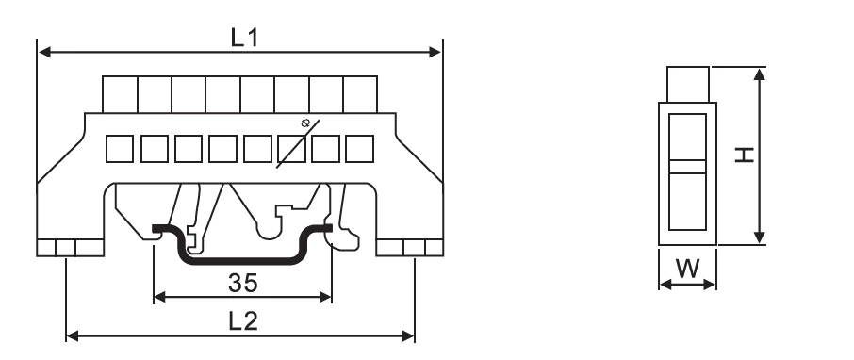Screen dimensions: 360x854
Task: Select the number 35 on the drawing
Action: pyautogui.click(x=242, y=280)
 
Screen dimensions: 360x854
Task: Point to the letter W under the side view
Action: pyautogui.click(x=686, y=268)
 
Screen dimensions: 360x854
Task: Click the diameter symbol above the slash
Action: pyautogui.click(x=304, y=123)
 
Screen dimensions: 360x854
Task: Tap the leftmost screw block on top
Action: pyautogui.click(x=120, y=94)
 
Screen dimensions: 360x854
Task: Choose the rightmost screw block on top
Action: pyautogui.click(x=360, y=94)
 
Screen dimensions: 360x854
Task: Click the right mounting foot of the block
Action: pyautogui.click(x=410, y=247)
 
